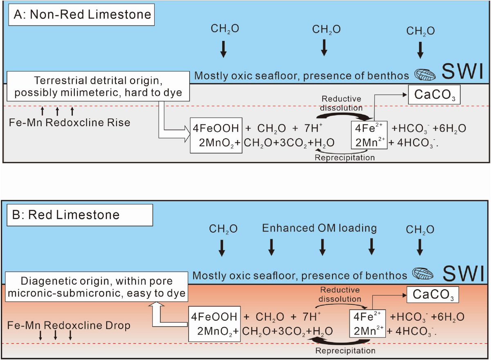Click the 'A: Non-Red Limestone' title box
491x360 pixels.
[80, 15]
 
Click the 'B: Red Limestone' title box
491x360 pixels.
[80, 215]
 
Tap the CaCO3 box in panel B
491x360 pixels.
[432, 294]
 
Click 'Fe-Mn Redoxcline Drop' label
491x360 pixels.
[69, 326]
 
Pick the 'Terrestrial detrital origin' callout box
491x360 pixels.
[98, 86]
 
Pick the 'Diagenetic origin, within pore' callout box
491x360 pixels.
[96, 287]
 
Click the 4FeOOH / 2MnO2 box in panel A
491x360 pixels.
[216, 135]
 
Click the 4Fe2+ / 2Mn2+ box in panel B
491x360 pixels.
[367, 324]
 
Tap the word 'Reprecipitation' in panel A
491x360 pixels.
[345, 157]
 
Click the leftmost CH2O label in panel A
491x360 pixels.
[225, 29]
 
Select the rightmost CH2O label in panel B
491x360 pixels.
[420, 230]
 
